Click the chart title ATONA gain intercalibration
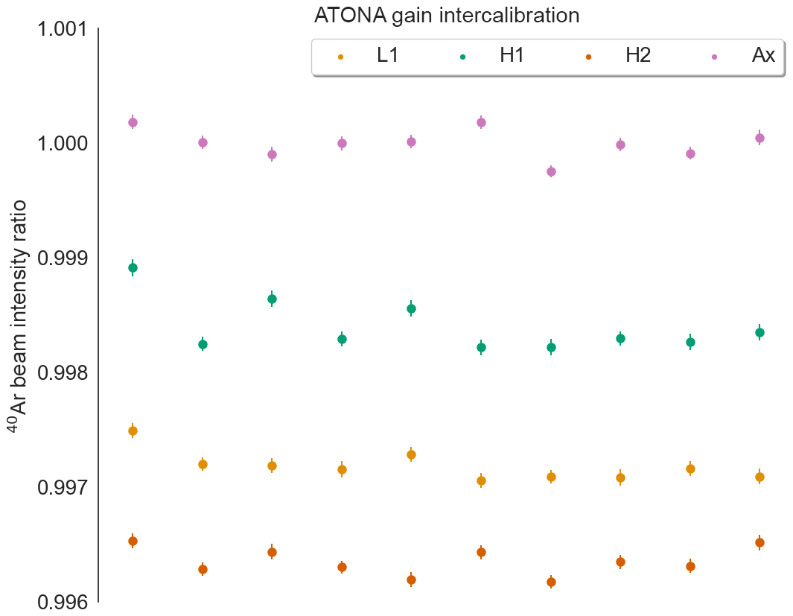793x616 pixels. (447, 15)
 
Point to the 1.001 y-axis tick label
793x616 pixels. (63, 30)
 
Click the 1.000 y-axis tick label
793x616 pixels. (63, 144)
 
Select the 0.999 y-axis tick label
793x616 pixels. (63, 258)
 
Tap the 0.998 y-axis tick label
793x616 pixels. (63, 372)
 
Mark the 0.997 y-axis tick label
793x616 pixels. (63, 487)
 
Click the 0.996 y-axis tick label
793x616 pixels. (63, 601)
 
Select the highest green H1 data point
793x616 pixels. (133, 267)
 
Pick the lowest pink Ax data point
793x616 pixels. (551, 171)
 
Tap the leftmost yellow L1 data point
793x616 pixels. (133, 431)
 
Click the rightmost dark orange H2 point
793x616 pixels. (759, 542)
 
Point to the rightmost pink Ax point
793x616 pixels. (759, 138)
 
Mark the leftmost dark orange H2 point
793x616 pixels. (133, 541)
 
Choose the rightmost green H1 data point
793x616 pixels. (759, 332)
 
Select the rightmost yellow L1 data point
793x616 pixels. (759, 477)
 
